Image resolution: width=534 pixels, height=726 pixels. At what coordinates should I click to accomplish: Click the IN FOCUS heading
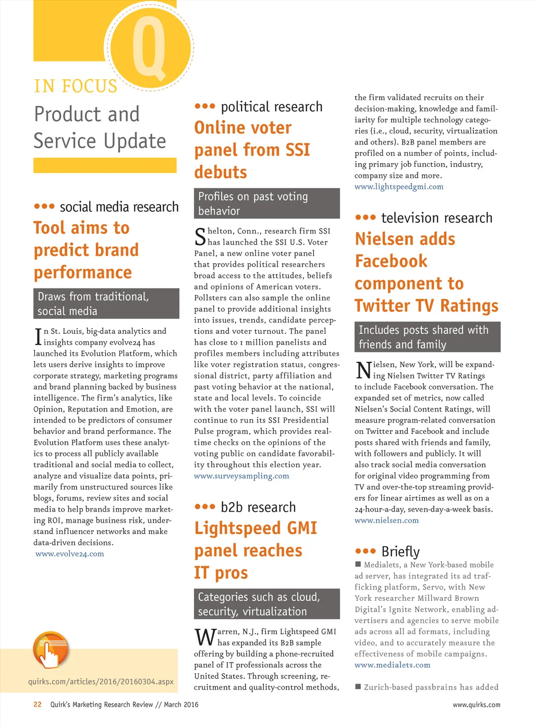[x=76, y=86]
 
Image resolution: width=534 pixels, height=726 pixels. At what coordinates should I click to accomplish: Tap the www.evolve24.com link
[x=70, y=554]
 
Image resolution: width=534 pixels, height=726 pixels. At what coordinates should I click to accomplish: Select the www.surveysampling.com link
[x=241, y=476]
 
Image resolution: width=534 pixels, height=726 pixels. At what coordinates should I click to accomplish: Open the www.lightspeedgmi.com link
[x=399, y=187]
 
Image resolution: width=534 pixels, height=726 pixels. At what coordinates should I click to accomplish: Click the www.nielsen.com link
[x=386, y=521]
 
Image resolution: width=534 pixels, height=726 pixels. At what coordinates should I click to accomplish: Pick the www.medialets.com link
[x=392, y=665]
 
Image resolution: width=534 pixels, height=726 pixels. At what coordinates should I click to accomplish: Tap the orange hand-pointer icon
[x=51, y=650]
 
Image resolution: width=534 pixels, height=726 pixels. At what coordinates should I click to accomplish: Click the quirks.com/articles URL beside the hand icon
[x=101, y=682]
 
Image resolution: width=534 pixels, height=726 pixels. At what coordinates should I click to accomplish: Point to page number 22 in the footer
[x=38, y=705]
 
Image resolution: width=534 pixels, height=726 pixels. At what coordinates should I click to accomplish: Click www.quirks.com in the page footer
[x=476, y=705]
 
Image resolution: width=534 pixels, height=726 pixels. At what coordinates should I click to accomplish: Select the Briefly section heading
[x=400, y=551]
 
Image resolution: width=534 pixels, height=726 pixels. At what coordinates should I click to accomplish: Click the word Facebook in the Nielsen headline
[x=391, y=261]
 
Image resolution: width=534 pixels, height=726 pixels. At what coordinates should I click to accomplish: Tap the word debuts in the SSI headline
[x=221, y=173]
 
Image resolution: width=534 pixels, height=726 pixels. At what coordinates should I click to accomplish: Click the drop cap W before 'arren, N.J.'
[x=205, y=637]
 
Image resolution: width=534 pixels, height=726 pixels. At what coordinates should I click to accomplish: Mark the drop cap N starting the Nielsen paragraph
[x=363, y=370]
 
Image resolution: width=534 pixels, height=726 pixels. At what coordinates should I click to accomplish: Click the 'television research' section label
[x=436, y=218]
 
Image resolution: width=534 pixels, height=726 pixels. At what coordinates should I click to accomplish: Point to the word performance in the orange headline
[x=83, y=273]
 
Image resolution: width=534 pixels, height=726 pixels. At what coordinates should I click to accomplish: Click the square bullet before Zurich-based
[x=358, y=686]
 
